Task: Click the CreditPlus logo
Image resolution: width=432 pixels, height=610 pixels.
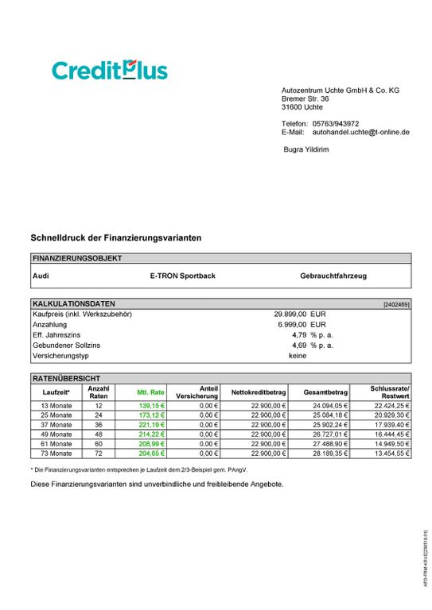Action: coord(110,70)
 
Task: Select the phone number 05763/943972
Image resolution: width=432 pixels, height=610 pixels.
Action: coord(336,124)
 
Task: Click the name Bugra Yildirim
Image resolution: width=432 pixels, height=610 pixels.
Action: coord(306,149)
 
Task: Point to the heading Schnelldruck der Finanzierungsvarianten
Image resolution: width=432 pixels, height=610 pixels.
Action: coord(115,237)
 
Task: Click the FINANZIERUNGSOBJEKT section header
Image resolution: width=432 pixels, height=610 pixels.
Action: coord(78,258)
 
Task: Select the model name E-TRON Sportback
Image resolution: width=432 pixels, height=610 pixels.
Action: coord(182,276)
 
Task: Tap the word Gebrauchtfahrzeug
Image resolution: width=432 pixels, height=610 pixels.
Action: coord(333,276)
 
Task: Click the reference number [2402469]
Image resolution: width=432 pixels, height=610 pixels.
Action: coord(396,304)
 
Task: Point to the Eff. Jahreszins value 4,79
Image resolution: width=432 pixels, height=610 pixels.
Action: coord(300,335)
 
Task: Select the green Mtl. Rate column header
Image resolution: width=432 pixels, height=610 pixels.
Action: coord(151,392)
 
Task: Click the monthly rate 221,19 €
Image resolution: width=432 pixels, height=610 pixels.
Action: coord(151,425)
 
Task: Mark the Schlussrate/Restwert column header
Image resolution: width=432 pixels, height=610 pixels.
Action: coord(390,392)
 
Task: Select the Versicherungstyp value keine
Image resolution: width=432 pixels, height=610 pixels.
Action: coord(298,356)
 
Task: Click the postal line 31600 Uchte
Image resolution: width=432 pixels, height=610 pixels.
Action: coord(302,107)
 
